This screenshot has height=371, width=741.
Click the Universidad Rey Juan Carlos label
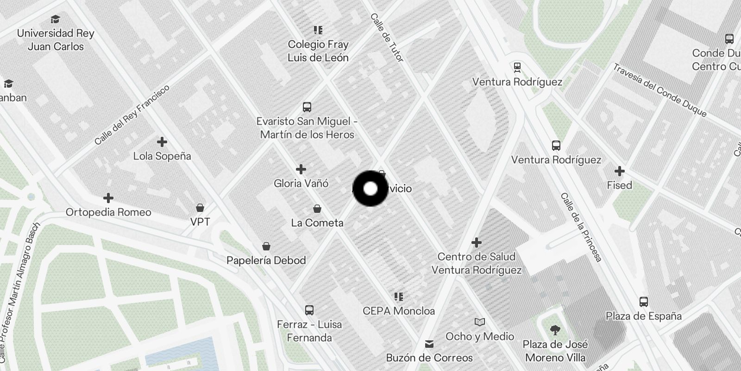pyautogui.click(x=56, y=40)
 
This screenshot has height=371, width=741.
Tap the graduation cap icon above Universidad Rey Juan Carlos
pyautogui.click(x=56, y=19)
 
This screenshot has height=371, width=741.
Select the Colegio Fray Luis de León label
pyautogui.click(x=318, y=51)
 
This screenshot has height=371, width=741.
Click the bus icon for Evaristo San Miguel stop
pyautogui.click(x=307, y=107)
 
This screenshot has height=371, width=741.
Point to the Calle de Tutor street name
pyautogui.click(x=387, y=38)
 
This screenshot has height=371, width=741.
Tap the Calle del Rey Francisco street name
pyautogui.click(x=132, y=115)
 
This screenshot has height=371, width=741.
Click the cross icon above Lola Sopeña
pyautogui.click(x=162, y=142)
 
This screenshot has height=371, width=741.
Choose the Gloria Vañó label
pyautogui.click(x=301, y=184)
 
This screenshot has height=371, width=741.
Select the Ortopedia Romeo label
pyautogui.click(x=108, y=212)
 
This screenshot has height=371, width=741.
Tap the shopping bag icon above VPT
pyautogui.click(x=200, y=207)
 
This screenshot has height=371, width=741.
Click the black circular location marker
pyautogui.click(x=370, y=189)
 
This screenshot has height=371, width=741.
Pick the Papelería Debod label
pyautogui.click(x=266, y=261)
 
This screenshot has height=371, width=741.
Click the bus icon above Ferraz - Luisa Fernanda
pyautogui.click(x=309, y=310)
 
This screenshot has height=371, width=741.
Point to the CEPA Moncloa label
pyautogui.click(x=399, y=311)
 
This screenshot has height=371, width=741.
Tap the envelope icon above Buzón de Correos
pyautogui.click(x=429, y=344)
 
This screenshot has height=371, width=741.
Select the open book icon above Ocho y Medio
pyautogui.click(x=480, y=322)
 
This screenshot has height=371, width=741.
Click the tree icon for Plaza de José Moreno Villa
pyautogui.click(x=555, y=330)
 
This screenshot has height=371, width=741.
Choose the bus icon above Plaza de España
pyautogui.click(x=644, y=302)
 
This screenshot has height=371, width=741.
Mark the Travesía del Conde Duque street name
pyautogui.click(x=660, y=90)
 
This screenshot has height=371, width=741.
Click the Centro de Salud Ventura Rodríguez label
pyautogui.click(x=477, y=263)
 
